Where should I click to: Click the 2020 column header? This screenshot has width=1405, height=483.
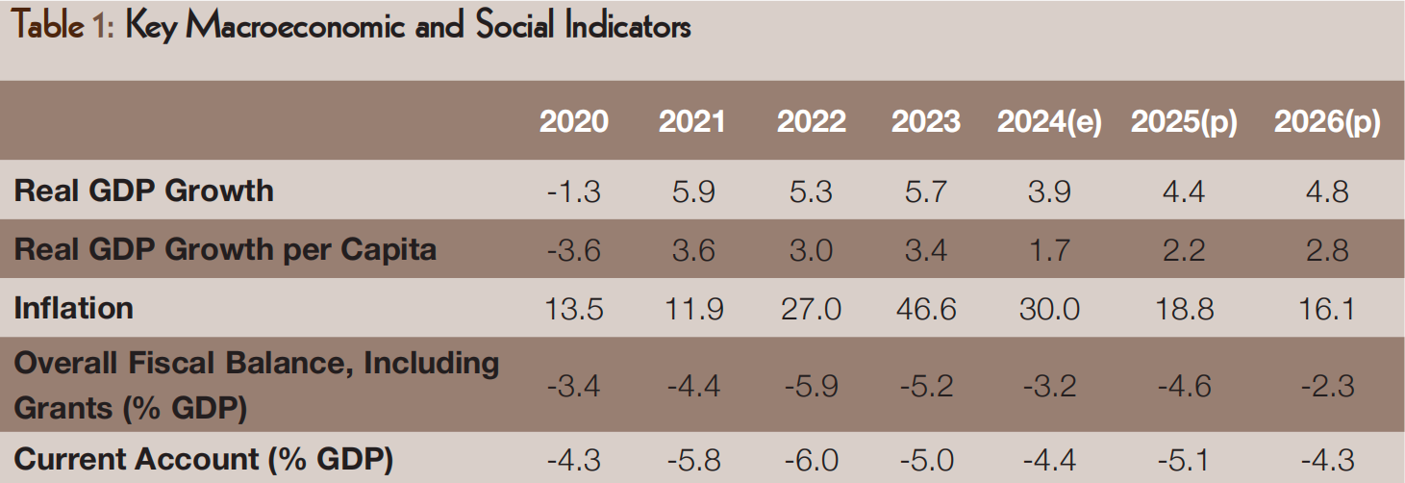tap(574, 122)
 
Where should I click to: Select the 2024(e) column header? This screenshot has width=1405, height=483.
tap(1049, 122)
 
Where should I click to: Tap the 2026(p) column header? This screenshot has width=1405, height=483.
tap(1327, 122)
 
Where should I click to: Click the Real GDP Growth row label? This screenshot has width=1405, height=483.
tap(144, 191)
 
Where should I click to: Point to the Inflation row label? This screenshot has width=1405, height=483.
tap(74, 309)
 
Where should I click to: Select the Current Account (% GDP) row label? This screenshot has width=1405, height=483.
tap(204, 460)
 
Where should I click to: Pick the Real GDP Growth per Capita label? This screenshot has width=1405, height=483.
tap(226, 250)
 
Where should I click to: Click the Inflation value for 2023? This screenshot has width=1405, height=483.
tap(925, 310)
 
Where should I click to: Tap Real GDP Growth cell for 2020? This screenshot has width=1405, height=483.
tap(574, 191)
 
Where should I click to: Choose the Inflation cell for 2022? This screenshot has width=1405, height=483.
tap(811, 310)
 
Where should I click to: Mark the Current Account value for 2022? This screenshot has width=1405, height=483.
tap(811, 461)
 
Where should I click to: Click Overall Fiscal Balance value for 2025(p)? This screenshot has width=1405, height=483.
tap(1184, 386)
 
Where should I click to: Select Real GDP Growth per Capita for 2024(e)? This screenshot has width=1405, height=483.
tap(1049, 251)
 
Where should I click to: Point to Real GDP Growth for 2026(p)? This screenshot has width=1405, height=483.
tap(1327, 191)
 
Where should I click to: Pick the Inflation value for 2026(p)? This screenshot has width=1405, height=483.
tap(1327, 310)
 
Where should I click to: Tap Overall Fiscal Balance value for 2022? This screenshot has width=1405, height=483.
tap(811, 386)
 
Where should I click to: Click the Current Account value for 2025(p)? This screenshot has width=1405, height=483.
tap(1184, 461)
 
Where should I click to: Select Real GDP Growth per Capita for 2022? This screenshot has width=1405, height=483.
tap(811, 251)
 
